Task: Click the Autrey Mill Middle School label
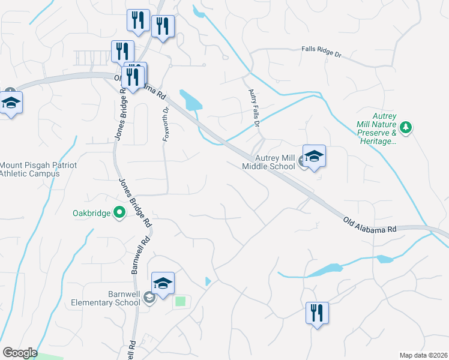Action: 269,163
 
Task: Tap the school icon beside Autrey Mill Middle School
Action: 314,157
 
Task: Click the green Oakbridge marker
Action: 119,212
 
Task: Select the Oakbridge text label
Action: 91,212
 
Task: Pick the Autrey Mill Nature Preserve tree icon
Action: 406,127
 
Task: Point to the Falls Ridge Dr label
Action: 321,53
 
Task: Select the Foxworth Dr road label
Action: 166,124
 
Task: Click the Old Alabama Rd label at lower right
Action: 370,226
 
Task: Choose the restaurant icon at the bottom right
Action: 316,313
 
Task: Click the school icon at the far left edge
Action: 11,103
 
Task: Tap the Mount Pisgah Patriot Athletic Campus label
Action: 30,169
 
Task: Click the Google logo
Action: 20,353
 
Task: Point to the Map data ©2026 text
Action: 423,355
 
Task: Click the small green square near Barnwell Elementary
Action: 180,302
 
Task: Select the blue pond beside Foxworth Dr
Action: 190,100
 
